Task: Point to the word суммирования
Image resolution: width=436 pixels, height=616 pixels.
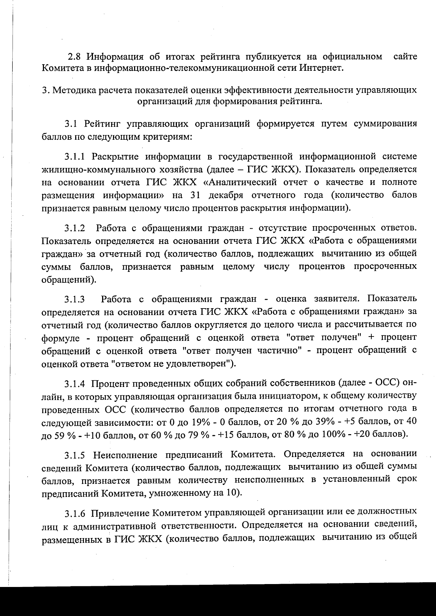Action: tap(385, 124)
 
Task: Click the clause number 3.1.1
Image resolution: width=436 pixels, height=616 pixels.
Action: tap(75, 157)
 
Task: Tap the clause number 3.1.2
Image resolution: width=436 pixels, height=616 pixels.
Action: tap(75, 229)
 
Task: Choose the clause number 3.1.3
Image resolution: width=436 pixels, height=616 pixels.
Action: tap(75, 300)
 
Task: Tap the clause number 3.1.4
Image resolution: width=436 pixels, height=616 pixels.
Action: tap(75, 384)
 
